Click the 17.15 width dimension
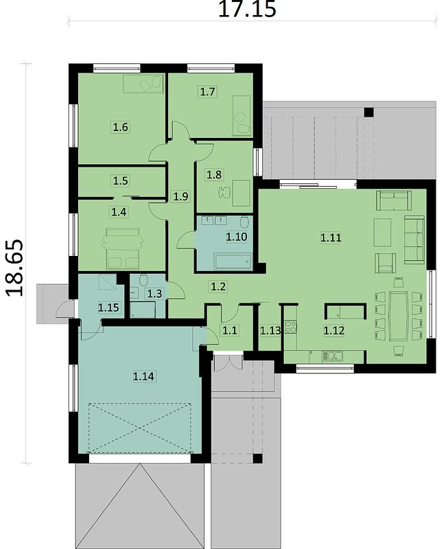click(x=247, y=9)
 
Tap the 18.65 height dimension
click(x=14, y=268)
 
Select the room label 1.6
click(x=120, y=126)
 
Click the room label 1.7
click(x=208, y=92)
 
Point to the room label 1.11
click(x=331, y=237)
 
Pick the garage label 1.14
click(x=143, y=376)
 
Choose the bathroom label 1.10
click(x=237, y=237)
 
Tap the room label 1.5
click(x=120, y=180)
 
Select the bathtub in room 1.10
click(x=233, y=261)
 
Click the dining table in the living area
click(x=398, y=316)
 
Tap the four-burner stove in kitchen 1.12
click(x=290, y=327)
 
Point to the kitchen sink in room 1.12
click(x=333, y=356)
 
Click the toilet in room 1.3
click(x=143, y=280)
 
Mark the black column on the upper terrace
click(x=369, y=113)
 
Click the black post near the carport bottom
click(x=257, y=458)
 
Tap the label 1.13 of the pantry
click(x=270, y=330)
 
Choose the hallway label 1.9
click(x=181, y=196)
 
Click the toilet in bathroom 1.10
click(x=244, y=222)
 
